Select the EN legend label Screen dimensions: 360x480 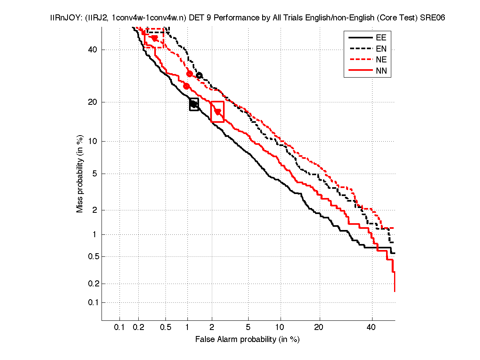coord(381,49)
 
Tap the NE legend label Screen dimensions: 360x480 coord(381,60)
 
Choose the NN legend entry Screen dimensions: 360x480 coord(381,71)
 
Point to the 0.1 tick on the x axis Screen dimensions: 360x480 coord(120,327)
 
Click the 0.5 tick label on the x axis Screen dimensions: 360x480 coord(165,327)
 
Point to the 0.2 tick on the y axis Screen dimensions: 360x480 coord(93,284)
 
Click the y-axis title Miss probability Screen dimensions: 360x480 coord(80,174)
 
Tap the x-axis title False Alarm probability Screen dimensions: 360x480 coord(247,340)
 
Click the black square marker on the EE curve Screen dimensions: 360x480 coord(194,104)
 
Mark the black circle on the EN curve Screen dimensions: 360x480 coord(199,76)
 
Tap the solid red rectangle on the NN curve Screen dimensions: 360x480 coord(217,112)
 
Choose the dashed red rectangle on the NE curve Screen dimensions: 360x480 coord(154,38)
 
